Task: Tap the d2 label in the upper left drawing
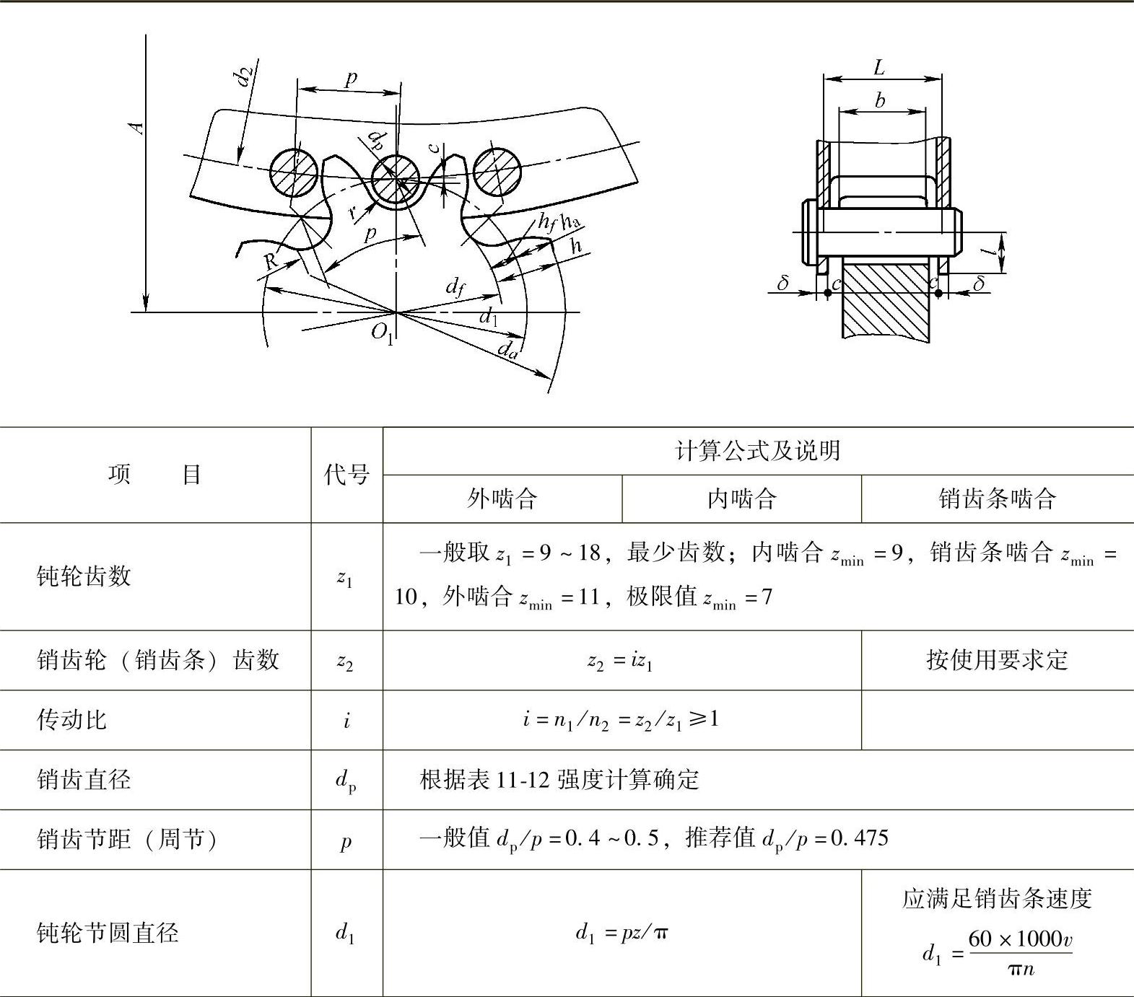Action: click(245, 75)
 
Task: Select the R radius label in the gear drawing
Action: click(271, 260)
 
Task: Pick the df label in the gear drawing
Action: click(455, 288)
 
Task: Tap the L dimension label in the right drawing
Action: click(878, 68)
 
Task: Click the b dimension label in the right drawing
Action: click(879, 100)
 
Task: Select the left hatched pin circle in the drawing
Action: click(294, 172)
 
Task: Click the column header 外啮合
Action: click(502, 498)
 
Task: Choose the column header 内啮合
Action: click(741, 498)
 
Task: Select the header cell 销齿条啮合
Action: click(997, 498)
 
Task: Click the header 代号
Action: click(346, 475)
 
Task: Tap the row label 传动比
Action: click(71, 719)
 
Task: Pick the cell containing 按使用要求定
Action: click(997, 659)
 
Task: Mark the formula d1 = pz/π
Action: click(621, 933)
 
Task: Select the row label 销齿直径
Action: click(84, 779)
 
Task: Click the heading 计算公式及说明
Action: click(757, 451)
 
